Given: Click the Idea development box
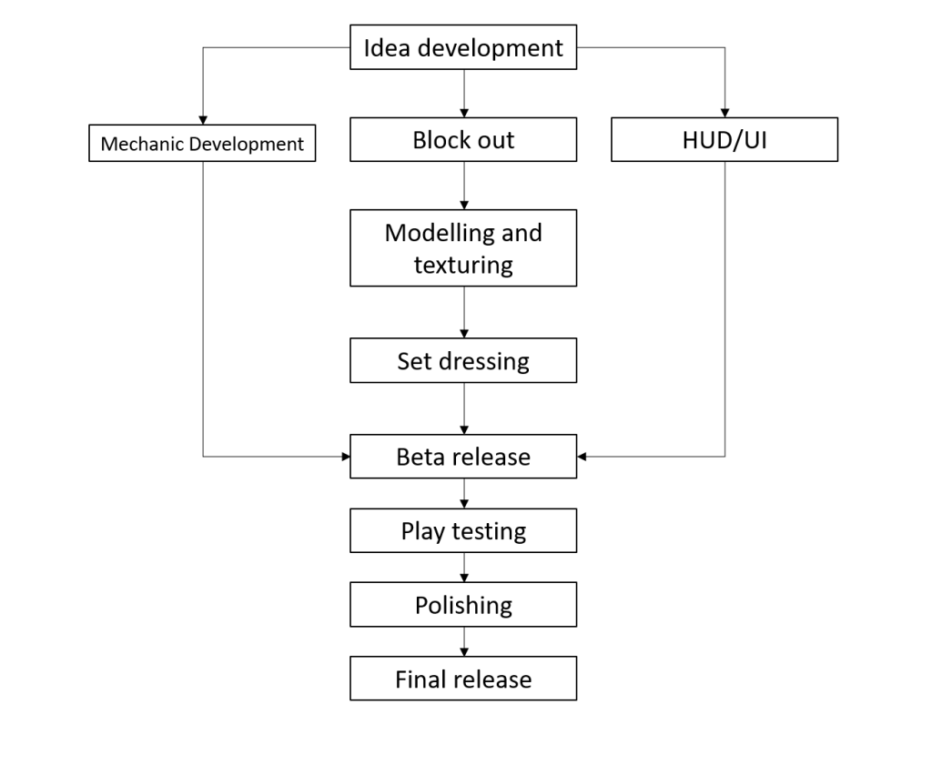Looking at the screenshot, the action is click(463, 47).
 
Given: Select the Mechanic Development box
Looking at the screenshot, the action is click(202, 143).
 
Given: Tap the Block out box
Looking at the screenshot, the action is click(463, 139).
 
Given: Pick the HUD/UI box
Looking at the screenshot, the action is click(724, 139).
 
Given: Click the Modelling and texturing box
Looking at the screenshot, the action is click(463, 247).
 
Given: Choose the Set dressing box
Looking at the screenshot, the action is click(463, 360).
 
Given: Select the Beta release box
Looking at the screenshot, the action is click(463, 456).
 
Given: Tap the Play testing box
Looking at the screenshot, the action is click(463, 530).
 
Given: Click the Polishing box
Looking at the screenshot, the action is click(463, 605).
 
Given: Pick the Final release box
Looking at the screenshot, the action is click(463, 679).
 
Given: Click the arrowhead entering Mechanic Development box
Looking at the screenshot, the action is click(203, 120).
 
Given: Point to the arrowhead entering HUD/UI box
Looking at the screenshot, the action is click(724, 113).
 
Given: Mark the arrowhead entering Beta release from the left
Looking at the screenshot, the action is click(346, 456).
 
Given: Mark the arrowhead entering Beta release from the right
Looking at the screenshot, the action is click(582, 456).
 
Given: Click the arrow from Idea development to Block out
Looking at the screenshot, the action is click(464, 94).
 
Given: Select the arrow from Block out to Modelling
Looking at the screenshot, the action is click(464, 186).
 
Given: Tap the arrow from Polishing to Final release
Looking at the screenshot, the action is click(464, 641).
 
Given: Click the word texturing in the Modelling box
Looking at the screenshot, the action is click(463, 265).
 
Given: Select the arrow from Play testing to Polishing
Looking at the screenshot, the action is click(464, 567).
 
